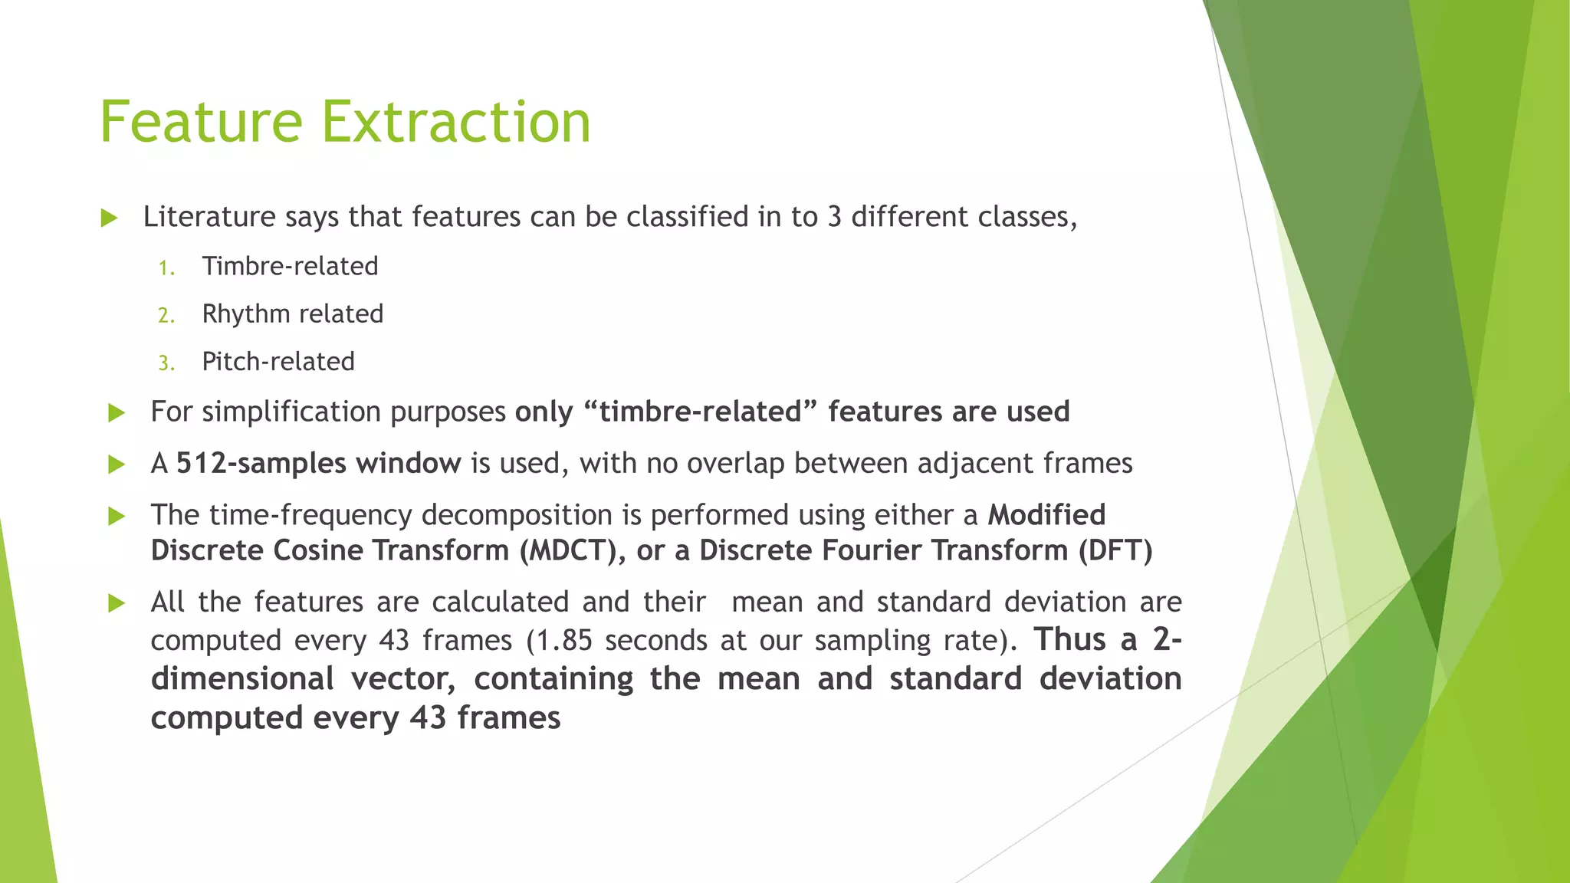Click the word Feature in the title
click(x=202, y=122)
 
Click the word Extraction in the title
click(x=456, y=122)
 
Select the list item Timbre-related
click(x=290, y=266)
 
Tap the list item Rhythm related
click(x=292, y=313)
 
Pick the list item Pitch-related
click(x=278, y=361)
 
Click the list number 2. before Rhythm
click(x=166, y=315)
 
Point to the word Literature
click(x=209, y=217)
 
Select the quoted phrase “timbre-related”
click(x=701, y=412)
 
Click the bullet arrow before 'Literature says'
click(x=109, y=218)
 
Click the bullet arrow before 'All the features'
click(x=117, y=603)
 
